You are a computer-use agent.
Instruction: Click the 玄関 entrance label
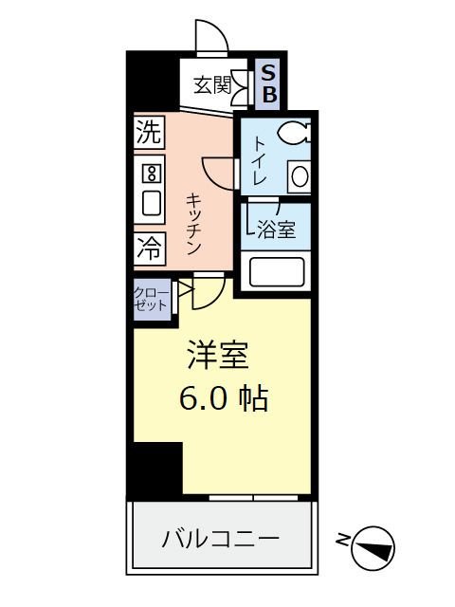click(212, 85)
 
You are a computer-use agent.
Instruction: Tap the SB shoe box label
click(269, 83)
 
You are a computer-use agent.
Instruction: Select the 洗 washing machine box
click(148, 133)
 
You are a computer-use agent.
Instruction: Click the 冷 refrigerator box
click(149, 249)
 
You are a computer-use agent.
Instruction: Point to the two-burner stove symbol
click(150, 173)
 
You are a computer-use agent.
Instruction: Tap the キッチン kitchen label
click(192, 224)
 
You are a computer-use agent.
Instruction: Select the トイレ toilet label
click(259, 161)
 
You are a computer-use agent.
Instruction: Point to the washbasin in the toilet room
click(299, 177)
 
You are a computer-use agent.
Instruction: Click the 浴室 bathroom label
click(276, 230)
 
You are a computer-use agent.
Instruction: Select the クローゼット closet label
click(151, 299)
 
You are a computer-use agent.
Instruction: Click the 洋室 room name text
click(216, 355)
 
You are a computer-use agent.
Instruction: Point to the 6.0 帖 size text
click(224, 398)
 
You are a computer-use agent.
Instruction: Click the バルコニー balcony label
click(220, 539)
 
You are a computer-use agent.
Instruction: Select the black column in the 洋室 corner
click(155, 469)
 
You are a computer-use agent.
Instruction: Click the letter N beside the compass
click(342, 542)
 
